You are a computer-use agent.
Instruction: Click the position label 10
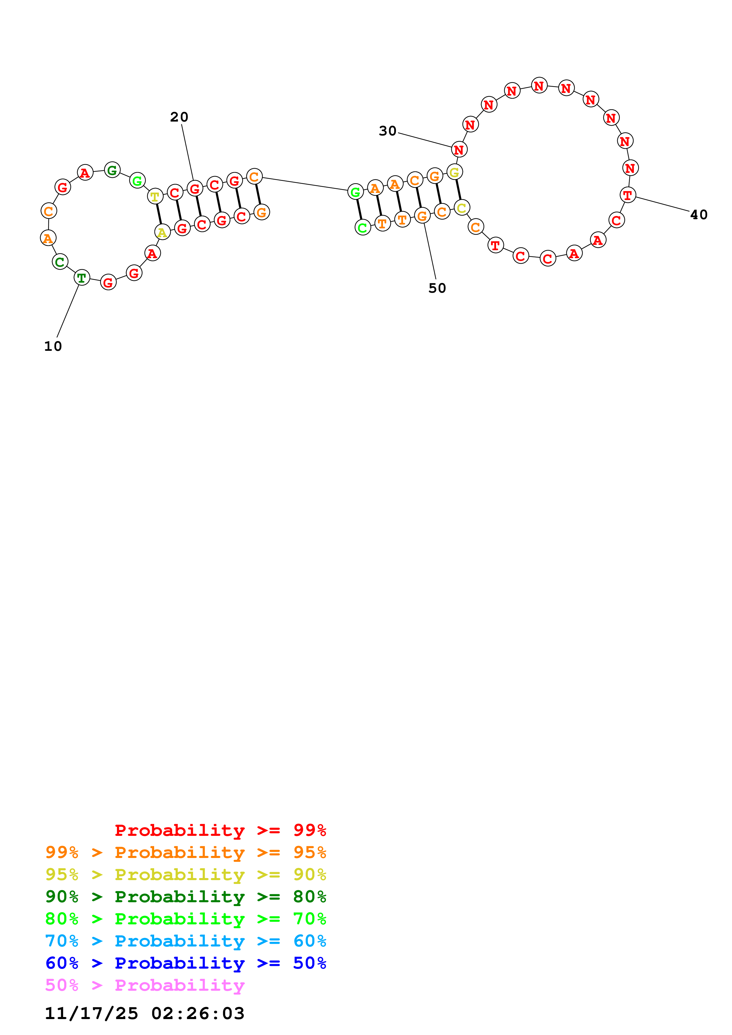[53, 346]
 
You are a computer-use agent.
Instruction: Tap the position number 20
[179, 117]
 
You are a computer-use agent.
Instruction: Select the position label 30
[387, 131]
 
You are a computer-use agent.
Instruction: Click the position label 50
[437, 288]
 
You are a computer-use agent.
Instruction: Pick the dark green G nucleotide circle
[112, 170]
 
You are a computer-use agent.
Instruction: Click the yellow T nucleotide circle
[155, 196]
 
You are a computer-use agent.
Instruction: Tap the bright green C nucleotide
[363, 228]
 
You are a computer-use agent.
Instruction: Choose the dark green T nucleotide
[81, 278]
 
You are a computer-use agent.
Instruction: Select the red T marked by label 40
[627, 195]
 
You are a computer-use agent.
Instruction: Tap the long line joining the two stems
[305, 184]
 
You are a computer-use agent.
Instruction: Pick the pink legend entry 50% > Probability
[145, 985]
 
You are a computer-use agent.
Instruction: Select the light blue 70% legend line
[185, 941]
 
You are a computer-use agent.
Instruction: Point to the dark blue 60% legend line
[185, 963]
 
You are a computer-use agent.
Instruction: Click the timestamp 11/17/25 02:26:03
[144, 1014]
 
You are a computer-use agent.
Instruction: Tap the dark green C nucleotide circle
[60, 261]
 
